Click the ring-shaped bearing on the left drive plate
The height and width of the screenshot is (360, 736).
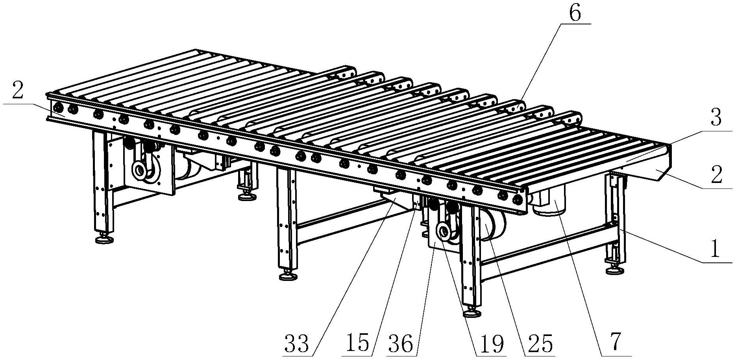140,171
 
